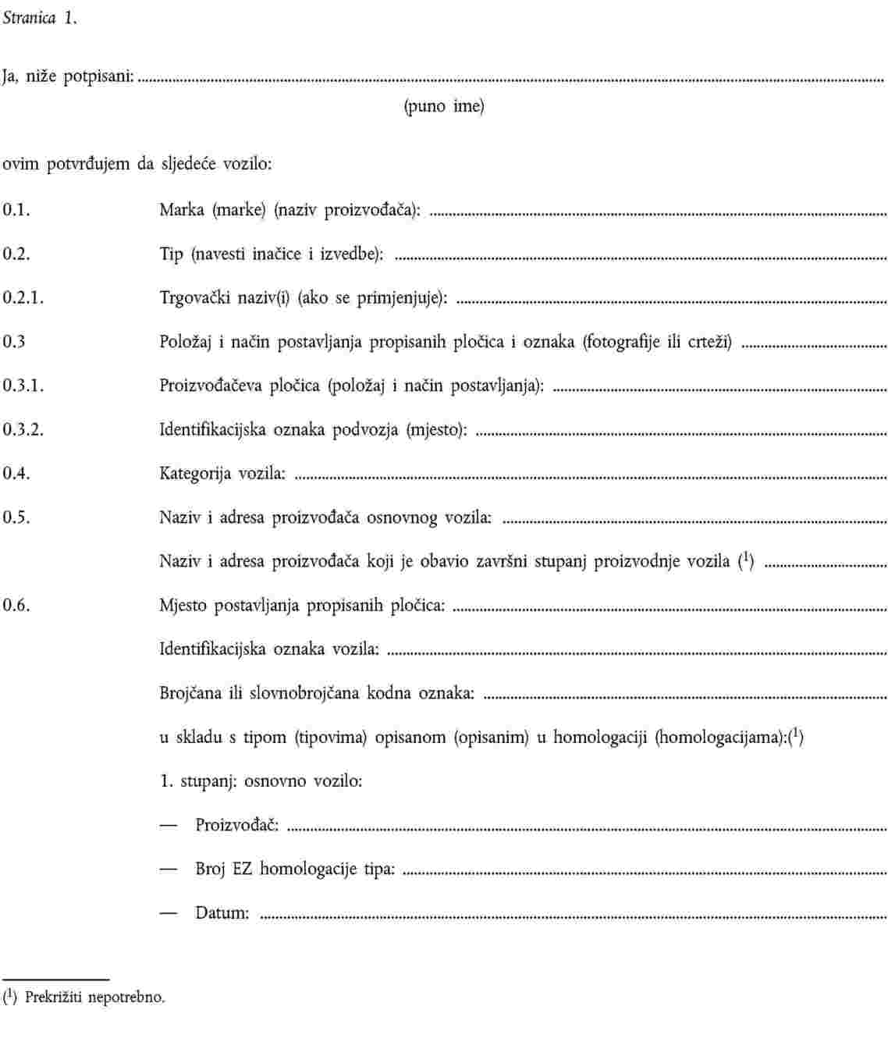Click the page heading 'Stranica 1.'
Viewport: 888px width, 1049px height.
(x=40, y=20)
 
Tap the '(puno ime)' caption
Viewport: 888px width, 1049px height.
(x=443, y=106)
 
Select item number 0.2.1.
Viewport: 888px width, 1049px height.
(x=23, y=297)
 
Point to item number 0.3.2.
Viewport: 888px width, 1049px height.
(x=23, y=429)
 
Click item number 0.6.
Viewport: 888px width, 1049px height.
(x=16, y=605)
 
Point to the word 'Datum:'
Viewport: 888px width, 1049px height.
(x=222, y=912)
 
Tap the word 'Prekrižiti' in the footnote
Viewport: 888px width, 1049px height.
(x=54, y=997)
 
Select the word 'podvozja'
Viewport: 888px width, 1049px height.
(x=365, y=429)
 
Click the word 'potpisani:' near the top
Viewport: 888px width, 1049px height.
(x=99, y=77)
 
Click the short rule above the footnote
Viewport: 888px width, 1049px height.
(x=55, y=979)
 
